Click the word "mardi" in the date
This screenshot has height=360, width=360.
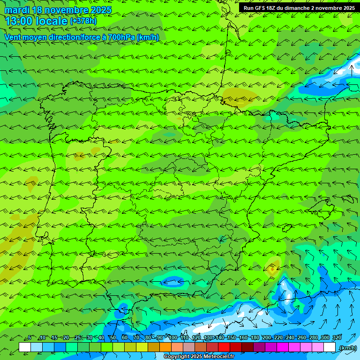(17, 10)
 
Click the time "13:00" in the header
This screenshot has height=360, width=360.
(19, 21)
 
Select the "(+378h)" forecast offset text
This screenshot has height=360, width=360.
(83, 21)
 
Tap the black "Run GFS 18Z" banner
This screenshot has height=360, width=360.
(299, 8)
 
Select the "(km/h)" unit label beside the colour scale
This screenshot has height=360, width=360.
(347, 347)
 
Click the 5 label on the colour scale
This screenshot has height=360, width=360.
(30, 337)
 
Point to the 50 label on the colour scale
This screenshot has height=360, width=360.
(112, 337)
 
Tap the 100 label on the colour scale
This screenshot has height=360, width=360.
(172, 337)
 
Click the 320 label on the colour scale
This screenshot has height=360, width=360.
(337, 337)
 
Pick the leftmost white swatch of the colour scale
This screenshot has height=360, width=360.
(25, 347)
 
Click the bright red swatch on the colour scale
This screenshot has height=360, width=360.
(224, 347)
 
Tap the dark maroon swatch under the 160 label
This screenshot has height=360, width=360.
(247, 347)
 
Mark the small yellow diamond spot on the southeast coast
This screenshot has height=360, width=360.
(272, 269)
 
